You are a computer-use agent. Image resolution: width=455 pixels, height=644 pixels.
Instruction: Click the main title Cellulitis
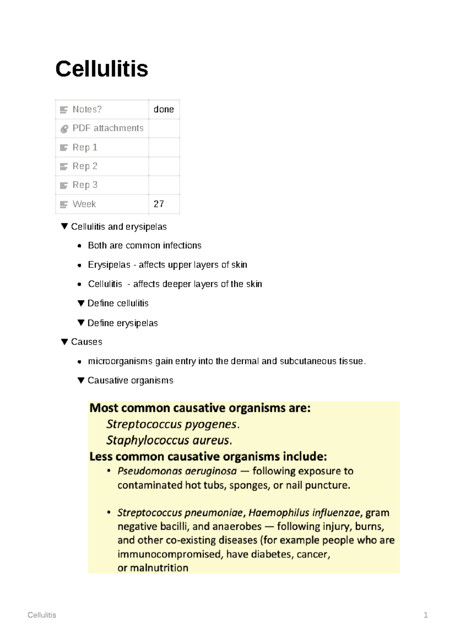click(102, 69)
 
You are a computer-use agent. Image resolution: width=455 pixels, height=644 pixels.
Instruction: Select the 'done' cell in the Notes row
click(163, 109)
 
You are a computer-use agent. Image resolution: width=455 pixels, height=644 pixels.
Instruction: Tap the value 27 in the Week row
click(159, 204)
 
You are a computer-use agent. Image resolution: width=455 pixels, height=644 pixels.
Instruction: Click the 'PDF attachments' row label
click(108, 128)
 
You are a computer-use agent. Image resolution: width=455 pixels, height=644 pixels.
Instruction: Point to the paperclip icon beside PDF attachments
click(64, 129)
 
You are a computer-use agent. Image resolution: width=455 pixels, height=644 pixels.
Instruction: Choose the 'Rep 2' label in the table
click(85, 166)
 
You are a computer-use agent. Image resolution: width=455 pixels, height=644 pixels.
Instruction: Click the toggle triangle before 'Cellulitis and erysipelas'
click(64, 226)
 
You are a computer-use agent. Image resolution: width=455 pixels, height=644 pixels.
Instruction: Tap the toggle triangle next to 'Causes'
click(64, 342)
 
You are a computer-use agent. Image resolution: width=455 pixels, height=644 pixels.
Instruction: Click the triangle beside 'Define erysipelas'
click(81, 323)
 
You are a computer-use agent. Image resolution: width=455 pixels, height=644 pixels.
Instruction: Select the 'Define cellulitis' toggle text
click(118, 303)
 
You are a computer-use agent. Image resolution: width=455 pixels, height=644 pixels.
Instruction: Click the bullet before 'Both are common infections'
click(79, 246)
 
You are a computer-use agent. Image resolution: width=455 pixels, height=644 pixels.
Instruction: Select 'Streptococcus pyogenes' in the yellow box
click(171, 424)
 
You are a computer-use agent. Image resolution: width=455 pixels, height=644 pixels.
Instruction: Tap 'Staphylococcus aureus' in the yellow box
click(168, 440)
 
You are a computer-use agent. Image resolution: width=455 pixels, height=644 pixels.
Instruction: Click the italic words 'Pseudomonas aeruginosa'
click(177, 471)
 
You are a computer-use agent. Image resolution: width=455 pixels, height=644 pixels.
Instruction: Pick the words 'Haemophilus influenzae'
click(304, 513)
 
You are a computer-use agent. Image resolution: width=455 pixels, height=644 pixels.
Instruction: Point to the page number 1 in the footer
click(425, 615)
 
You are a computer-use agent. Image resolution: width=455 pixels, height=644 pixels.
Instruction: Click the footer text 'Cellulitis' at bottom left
click(42, 615)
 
